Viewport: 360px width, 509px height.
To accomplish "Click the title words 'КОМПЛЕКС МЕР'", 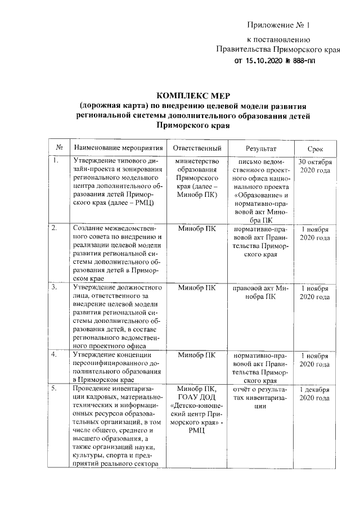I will tap(194, 94).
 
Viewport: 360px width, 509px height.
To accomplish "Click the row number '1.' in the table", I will tap(55, 161).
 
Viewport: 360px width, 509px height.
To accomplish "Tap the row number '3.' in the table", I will tap(55, 287).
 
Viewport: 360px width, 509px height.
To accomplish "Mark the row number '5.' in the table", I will tap(55, 389).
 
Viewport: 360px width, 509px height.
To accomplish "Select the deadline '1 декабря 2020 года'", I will tap(314, 393).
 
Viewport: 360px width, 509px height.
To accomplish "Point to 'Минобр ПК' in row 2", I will tap(196, 229).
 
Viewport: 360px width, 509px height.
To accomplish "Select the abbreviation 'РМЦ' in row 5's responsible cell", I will tap(196, 431).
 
